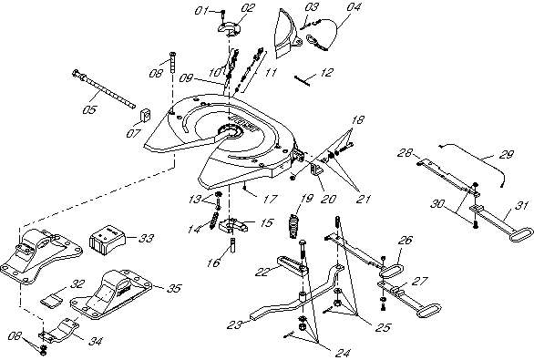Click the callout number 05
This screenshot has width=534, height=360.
(89, 109)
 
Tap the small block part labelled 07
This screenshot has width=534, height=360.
(145, 115)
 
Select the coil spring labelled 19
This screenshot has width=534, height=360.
(294, 226)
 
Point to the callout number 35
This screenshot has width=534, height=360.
(174, 288)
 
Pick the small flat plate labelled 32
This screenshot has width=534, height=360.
(51, 301)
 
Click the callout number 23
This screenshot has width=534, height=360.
(235, 324)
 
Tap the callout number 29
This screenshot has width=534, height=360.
(507, 155)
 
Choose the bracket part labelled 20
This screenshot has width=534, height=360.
(316, 170)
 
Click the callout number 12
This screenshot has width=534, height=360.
(326, 73)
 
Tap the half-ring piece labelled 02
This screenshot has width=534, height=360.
(230, 28)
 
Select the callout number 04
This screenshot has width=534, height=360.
(354, 6)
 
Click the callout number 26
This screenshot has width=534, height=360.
(406, 241)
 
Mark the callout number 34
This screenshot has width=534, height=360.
(95, 341)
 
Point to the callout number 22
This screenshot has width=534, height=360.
(262, 272)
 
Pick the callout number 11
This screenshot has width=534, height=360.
(272, 72)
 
